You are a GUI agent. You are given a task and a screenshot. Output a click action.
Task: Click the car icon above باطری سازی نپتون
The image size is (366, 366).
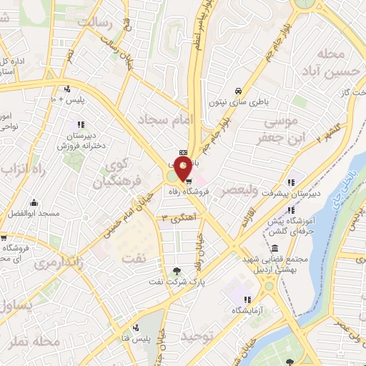(x=238, y=91)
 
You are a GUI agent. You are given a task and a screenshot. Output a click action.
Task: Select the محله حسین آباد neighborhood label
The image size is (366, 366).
(x=329, y=63)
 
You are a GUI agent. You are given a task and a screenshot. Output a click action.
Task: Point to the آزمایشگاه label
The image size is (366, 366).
(x=247, y=311)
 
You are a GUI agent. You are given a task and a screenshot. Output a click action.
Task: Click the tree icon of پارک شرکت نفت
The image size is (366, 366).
(x=177, y=270)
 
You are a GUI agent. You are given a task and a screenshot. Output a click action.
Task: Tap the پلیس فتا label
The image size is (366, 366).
(x=135, y=337)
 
